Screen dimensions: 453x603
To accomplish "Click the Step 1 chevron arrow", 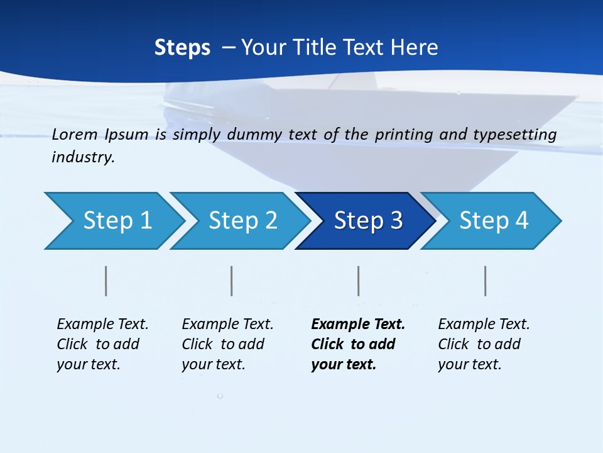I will coord(117,221).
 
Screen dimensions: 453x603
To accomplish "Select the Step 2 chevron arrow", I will coord(242,221).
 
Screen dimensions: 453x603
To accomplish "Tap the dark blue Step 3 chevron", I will coord(367,221).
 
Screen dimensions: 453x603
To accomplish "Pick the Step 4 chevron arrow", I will coord(493,221).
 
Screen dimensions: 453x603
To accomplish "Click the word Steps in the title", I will coord(182,48).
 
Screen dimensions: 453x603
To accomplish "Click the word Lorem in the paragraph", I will coord(75,134).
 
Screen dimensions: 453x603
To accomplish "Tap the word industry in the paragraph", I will coord(83,157).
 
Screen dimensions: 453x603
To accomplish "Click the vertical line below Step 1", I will coord(106,281).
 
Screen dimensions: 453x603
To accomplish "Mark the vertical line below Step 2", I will coord(232,281).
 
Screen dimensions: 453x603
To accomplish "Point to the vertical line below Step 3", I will coord(359,281).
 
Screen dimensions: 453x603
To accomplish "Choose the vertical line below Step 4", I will coord(486,281).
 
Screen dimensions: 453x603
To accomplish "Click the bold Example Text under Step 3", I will coord(358,325).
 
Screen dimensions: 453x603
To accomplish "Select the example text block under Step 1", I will coord(102,344).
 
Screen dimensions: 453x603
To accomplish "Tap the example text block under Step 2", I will coord(227,344).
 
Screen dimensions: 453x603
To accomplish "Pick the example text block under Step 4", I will coord(484,344).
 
